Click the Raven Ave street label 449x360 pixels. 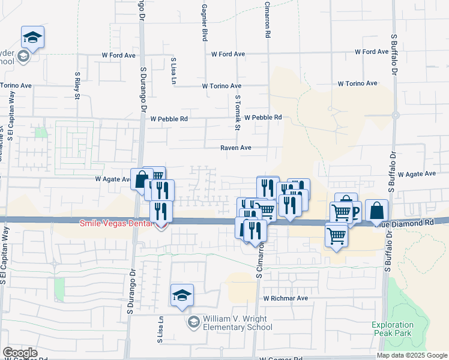(x=235, y=148)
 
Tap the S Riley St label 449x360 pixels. (x=77, y=82)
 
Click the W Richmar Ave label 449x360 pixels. (x=285, y=298)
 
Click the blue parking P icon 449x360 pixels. (x=355, y=211)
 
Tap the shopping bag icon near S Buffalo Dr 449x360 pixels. (x=376, y=211)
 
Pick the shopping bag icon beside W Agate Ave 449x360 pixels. (x=141, y=178)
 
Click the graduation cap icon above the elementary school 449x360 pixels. (x=182, y=295)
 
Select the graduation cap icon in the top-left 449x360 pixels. (x=32, y=38)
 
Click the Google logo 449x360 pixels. (x=20, y=353)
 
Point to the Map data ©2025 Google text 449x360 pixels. (x=411, y=355)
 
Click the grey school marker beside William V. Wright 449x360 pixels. (x=193, y=323)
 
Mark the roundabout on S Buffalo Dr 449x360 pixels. (x=395, y=115)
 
